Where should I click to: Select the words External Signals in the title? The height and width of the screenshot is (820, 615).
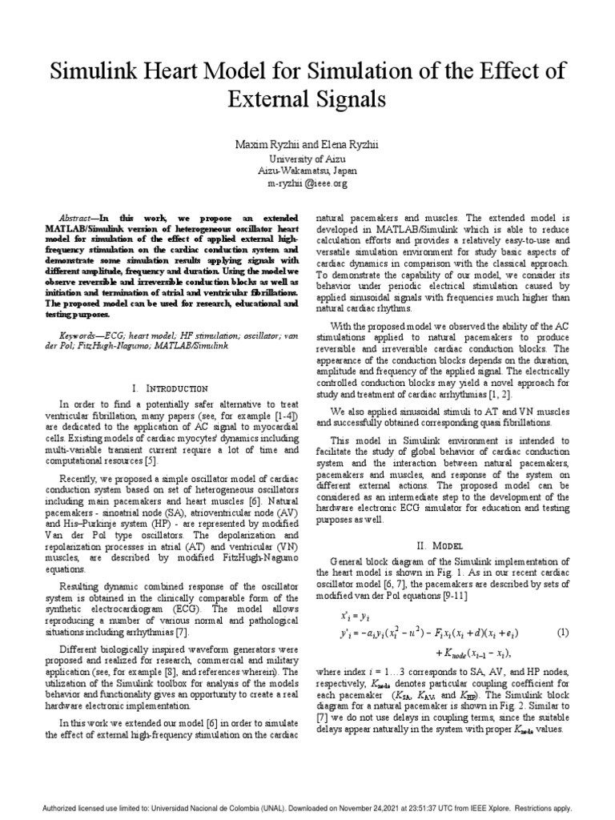[307, 100]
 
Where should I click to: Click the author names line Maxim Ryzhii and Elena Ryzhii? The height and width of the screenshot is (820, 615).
[307, 145]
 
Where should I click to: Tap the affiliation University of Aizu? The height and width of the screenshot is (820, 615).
[307, 159]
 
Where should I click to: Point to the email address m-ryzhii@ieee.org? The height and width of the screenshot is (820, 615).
[307, 183]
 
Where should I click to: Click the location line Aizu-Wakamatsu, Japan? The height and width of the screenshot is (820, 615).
[307, 171]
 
